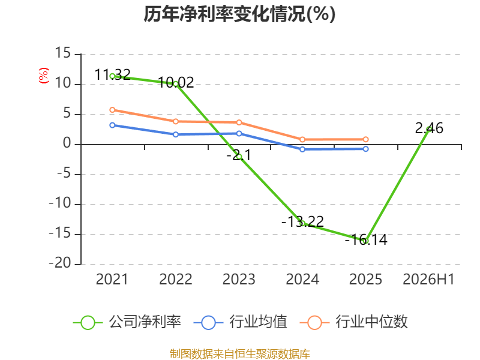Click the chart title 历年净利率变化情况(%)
(x=239, y=14)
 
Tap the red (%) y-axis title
(x=43, y=76)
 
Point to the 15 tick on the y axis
(x=63, y=53)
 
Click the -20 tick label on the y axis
(x=60, y=263)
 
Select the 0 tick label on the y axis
(x=67, y=143)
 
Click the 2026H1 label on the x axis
(x=428, y=279)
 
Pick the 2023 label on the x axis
(x=239, y=279)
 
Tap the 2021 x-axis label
(x=112, y=279)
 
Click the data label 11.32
(x=113, y=74)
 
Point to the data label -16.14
(x=366, y=239)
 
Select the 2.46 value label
(x=429, y=128)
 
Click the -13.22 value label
(x=303, y=221)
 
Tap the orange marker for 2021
(x=112, y=110)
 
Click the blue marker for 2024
(x=302, y=149)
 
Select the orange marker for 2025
(x=366, y=140)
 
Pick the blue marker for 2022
(x=176, y=134)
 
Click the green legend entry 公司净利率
(x=127, y=322)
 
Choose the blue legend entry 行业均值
(x=241, y=322)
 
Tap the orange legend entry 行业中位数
(x=354, y=322)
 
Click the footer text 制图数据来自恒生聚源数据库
(x=240, y=354)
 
